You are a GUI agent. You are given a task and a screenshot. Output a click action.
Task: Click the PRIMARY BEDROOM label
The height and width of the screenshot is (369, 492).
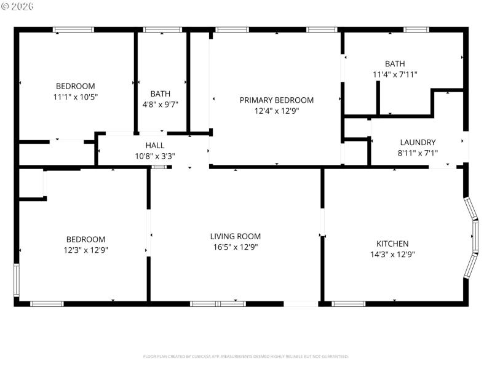[276, 100]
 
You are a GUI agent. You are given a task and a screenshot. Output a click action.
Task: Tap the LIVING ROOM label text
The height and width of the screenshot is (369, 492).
[235, 236]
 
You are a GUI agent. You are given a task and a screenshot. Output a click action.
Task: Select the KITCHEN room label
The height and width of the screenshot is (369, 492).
[389, 244]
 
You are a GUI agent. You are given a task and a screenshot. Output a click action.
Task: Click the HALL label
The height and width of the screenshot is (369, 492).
[155, 145]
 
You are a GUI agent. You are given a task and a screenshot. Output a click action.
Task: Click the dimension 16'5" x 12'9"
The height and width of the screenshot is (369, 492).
[235, 247]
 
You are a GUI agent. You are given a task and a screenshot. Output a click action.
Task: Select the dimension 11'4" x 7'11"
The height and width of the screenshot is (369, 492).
[395, 74]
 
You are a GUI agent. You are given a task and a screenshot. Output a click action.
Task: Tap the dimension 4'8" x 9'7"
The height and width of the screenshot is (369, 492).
[161, 105]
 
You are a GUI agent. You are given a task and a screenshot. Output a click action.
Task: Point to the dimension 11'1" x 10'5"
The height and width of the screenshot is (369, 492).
[76, 97]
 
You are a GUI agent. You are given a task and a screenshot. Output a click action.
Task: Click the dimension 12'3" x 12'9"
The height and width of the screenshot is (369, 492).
[86, 250]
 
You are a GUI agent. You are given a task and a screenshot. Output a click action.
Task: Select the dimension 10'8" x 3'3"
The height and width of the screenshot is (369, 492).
[155, 156]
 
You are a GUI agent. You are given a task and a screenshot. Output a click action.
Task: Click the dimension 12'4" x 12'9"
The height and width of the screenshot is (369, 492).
[276, 111]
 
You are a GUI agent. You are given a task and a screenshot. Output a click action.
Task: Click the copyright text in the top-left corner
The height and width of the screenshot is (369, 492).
[18, 6]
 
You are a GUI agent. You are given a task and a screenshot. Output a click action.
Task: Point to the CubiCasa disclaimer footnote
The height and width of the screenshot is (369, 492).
[245, 356]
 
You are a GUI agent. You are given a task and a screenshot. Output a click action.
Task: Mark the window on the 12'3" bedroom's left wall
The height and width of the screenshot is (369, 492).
[17, 280]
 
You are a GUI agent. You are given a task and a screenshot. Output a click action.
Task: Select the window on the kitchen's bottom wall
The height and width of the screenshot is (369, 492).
[348, 303]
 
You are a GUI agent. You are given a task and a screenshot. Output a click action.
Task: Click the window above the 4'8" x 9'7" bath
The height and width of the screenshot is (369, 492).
[162, 29]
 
